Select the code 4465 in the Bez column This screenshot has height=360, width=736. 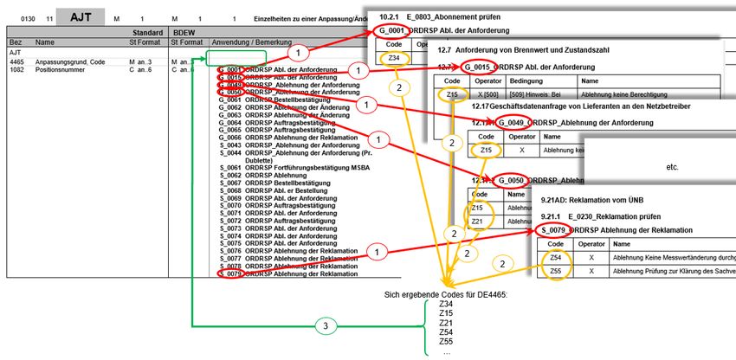(16, 62)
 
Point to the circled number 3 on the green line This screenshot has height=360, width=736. (324, 326)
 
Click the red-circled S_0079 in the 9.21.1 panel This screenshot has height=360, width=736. (553, 229)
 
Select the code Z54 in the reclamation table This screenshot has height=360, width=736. (555, 258)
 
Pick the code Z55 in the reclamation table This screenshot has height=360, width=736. (555, 272)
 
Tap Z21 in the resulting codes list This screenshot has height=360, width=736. (446, 323)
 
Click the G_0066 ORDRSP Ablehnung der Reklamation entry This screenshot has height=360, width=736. (285, 137)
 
